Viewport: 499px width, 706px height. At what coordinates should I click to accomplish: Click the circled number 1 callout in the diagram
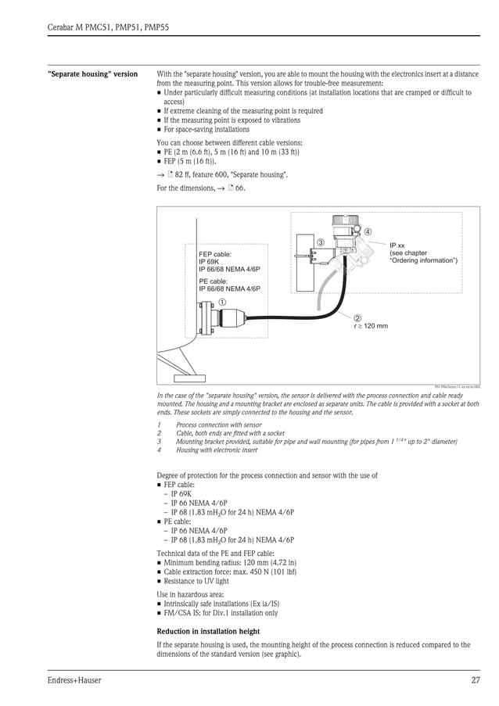point(223,302)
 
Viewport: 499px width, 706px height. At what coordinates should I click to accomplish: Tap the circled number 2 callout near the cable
point(357,317)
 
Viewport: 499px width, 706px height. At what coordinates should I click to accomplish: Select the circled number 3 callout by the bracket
point(321,242)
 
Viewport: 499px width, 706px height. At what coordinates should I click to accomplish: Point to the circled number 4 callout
point(368,231)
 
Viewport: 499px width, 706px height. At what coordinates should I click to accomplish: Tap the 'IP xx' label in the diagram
point(397,245)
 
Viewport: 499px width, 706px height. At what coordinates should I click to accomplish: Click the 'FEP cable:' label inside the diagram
point(215,254)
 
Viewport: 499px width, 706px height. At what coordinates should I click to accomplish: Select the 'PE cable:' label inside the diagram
point(214,281)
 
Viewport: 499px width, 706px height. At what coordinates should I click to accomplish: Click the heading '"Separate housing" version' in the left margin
point(92,74)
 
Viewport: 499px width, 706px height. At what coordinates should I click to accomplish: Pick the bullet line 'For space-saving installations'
point(206,130)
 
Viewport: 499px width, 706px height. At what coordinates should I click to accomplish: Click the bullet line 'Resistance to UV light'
point(196,581)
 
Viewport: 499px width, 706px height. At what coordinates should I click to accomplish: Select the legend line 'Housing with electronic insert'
point(217,450)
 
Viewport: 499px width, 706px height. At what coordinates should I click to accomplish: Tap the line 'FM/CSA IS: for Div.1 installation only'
point(221,613)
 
